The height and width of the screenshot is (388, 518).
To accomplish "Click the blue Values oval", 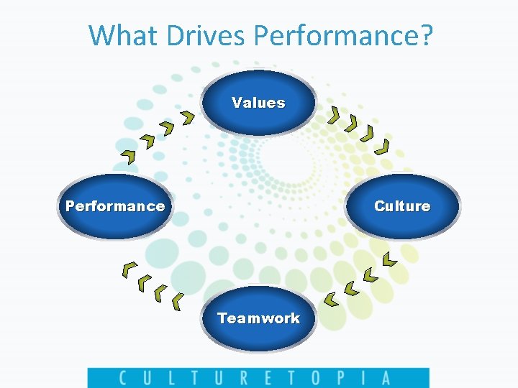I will (x=258, y=103).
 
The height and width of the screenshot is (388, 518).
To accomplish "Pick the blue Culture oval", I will (x=402, y=206).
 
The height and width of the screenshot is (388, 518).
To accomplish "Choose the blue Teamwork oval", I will (x=258, y=318).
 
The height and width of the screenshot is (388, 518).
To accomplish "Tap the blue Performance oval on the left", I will (x=115, y=206).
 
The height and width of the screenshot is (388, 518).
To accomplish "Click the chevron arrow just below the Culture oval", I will (x=388, y=259).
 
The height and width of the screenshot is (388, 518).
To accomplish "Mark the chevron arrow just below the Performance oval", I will (x=129, y=269).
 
